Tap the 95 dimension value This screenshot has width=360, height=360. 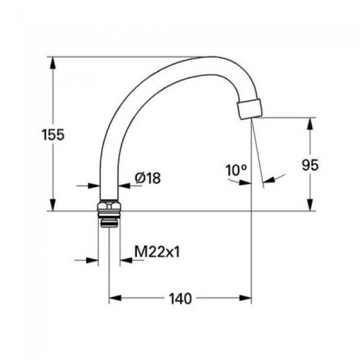coord(310,164)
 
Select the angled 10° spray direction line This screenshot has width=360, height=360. coord(257,155)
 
